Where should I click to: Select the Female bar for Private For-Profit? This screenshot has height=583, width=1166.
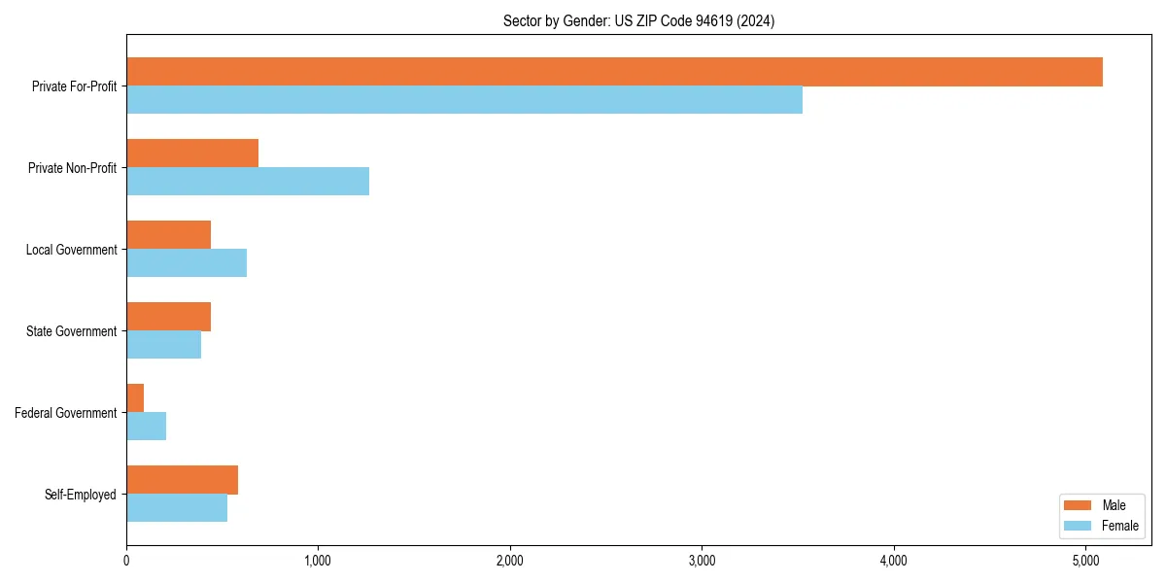[464, 100]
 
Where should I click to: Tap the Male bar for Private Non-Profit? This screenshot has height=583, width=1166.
[192, 154]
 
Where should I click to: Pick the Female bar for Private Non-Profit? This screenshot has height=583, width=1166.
[248, 182]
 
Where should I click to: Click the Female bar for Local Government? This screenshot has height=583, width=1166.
[187, 263]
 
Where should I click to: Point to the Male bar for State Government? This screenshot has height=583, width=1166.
[168, 317]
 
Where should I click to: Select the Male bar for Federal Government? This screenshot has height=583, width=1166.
[135, 398]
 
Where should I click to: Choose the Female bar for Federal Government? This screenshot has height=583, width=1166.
[146, 427]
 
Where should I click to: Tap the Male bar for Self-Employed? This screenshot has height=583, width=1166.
[182, 480]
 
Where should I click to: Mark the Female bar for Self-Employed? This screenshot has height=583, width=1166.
[177, 508]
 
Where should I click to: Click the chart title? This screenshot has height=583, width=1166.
[638, 20]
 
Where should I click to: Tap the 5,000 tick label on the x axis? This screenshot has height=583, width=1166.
[1085, 561]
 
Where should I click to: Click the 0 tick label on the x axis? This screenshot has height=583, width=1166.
[126, 561]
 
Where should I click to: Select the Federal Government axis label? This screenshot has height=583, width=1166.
[66, 413]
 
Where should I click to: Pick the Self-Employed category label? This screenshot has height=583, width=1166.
[81, 495]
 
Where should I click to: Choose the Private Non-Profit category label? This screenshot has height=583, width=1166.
[72, 168]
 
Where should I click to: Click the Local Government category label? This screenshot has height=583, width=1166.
[71, 250]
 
